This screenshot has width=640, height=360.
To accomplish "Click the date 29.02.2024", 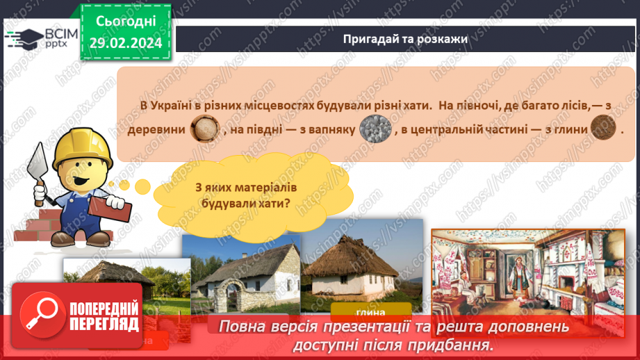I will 126,42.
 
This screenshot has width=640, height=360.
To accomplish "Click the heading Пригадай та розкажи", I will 405,39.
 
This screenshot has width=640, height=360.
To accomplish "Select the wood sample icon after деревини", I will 205,129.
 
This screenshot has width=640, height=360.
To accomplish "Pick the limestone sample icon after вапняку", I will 376,129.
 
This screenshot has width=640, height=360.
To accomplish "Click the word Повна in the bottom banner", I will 241,327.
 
